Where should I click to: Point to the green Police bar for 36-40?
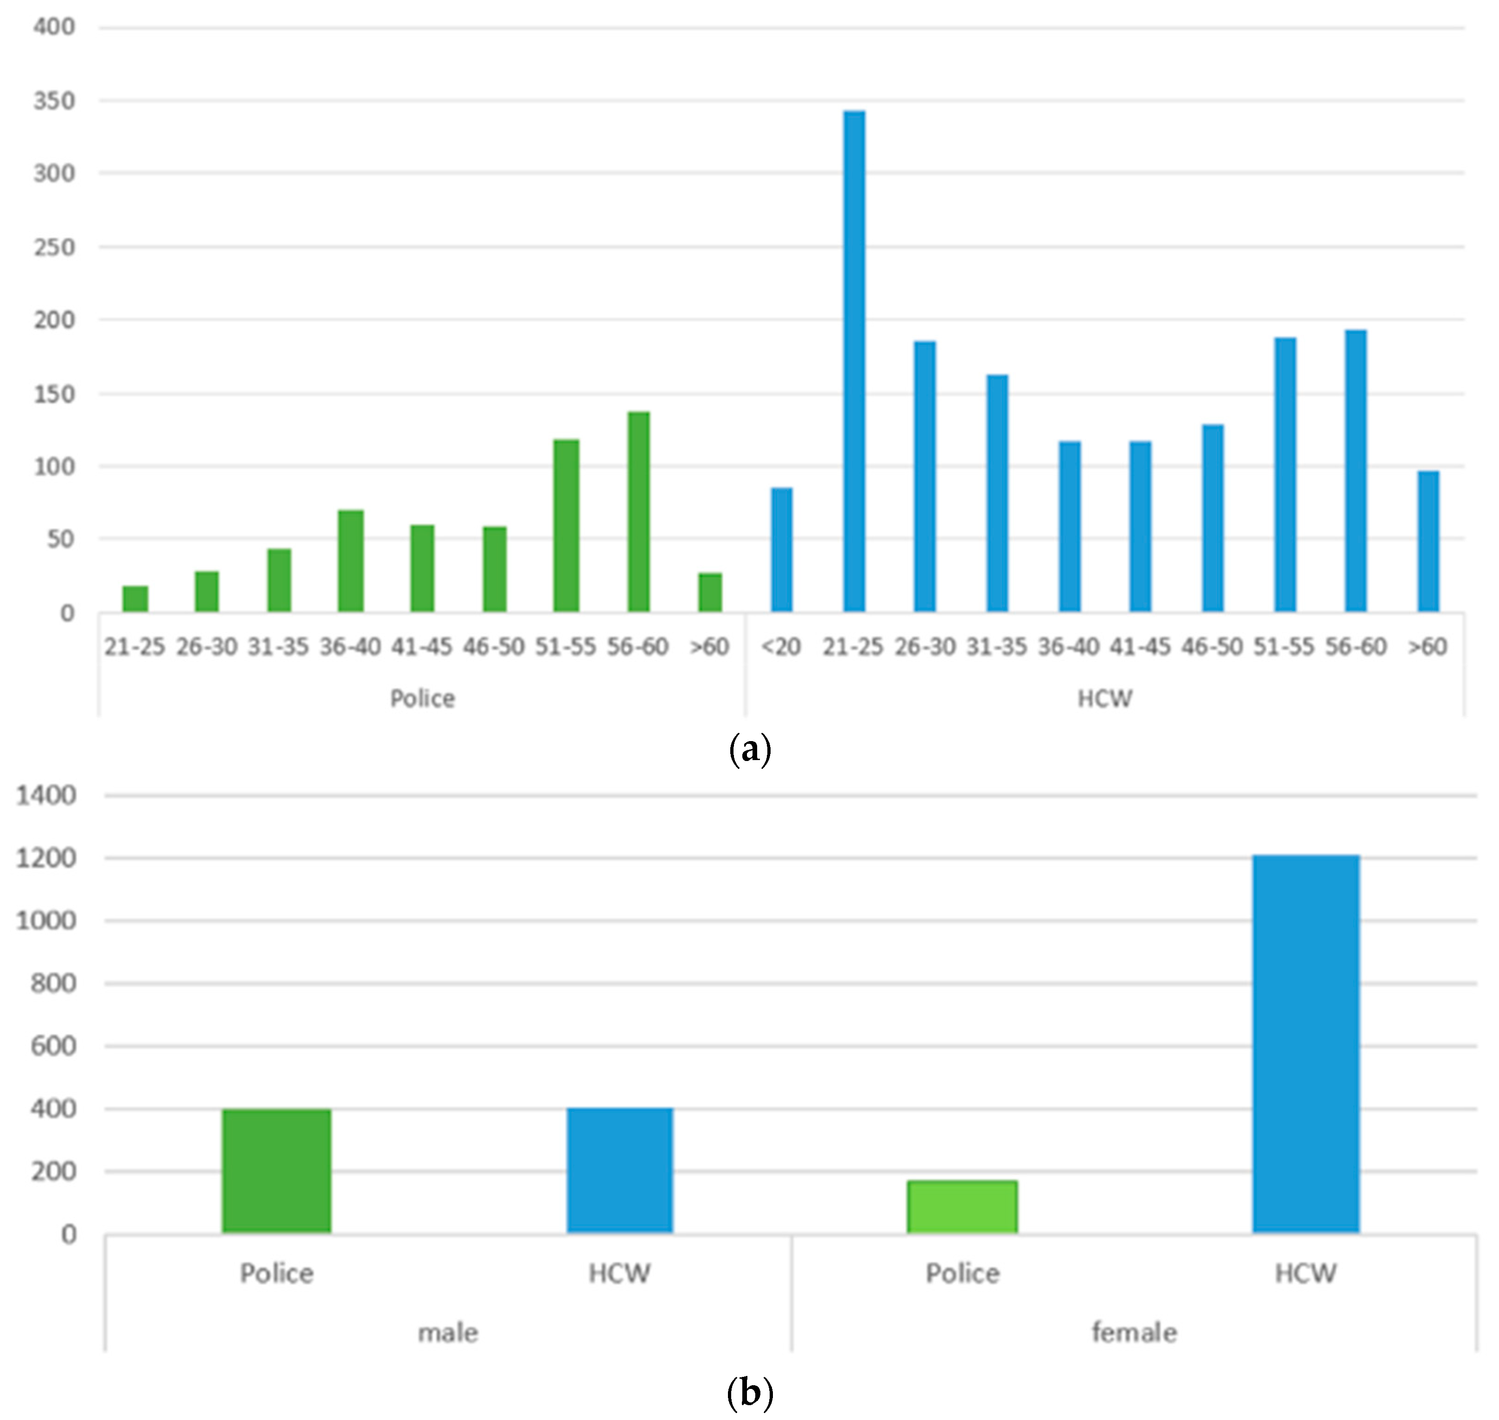[351, 561]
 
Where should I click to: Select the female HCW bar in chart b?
[1305, 1044]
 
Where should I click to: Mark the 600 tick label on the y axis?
[55, 1046]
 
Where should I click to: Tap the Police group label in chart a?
[422, 698]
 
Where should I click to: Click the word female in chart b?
[1134, 1333]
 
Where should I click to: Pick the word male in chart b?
[448, 1333]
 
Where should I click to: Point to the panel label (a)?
[749, 750]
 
